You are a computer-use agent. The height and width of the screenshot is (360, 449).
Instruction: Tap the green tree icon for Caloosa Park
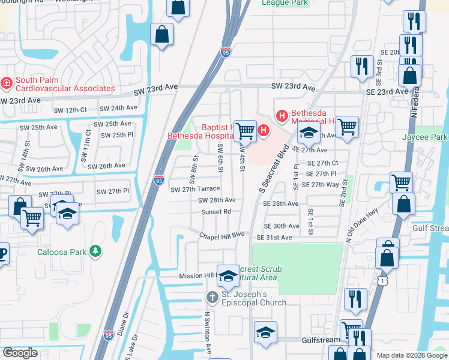click(x=94, y=251)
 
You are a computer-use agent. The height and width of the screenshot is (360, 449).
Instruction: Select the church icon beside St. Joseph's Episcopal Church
click(x=211, y=297)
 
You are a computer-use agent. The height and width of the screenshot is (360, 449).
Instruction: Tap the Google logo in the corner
click(x=20, y=352)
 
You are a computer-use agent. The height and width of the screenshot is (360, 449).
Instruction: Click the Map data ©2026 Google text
click(x=411, y=355)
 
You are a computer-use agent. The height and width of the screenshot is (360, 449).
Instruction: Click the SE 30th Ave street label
click(x=282, y=226)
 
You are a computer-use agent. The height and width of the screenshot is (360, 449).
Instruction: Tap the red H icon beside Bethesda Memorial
click(x=280, y=115)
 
